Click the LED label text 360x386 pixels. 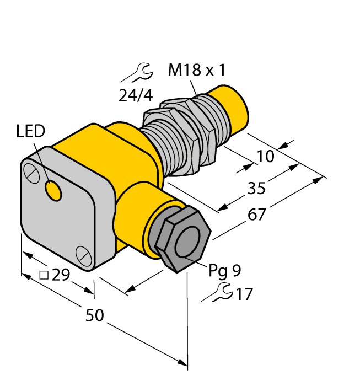(x=32, y=131)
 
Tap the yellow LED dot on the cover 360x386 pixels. (x=53, y=191)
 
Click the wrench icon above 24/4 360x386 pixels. (x=136, y=72)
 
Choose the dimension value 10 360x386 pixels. (x=265, y=157)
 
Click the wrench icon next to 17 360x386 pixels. (x=217, y=294)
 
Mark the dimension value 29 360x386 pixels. (x=60, y=274)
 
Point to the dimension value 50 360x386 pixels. (x=95, y=315)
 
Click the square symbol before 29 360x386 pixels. (x=45, y=274)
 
